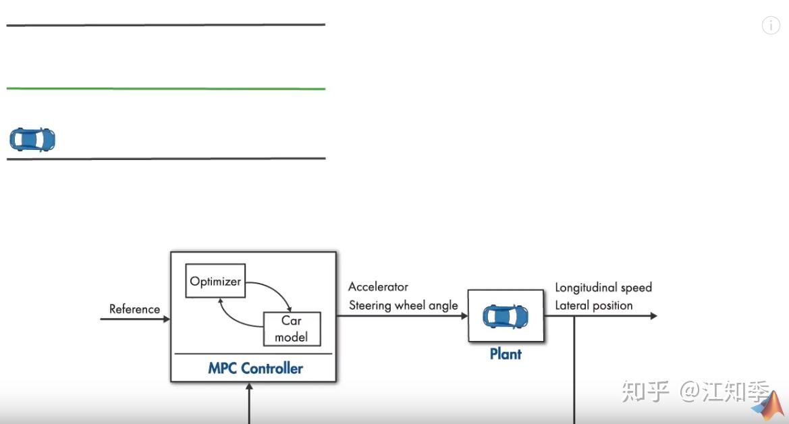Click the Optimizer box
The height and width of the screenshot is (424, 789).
[215, 282]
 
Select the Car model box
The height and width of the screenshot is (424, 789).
[292, 329]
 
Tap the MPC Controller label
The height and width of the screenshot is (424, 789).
[255, 369]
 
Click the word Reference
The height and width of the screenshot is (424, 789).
[134, 309]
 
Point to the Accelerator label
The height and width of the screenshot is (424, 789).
[378, 287]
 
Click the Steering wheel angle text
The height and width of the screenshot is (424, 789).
[403, 305]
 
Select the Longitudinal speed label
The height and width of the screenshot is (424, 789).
[603, 288]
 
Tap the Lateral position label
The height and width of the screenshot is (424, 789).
[593, 305]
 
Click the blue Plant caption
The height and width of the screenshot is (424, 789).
[506, 354]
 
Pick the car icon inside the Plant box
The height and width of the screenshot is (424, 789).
[506, 316]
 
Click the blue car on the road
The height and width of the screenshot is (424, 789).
[32, 140]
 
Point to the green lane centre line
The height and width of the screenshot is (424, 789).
[166, 88]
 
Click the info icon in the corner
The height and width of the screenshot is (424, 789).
[771, 26]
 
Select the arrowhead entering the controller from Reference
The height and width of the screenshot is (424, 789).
[166, 318]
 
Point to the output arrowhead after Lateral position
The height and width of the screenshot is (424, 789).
[653, 316]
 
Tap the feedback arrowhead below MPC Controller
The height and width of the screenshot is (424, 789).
[250, 387]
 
